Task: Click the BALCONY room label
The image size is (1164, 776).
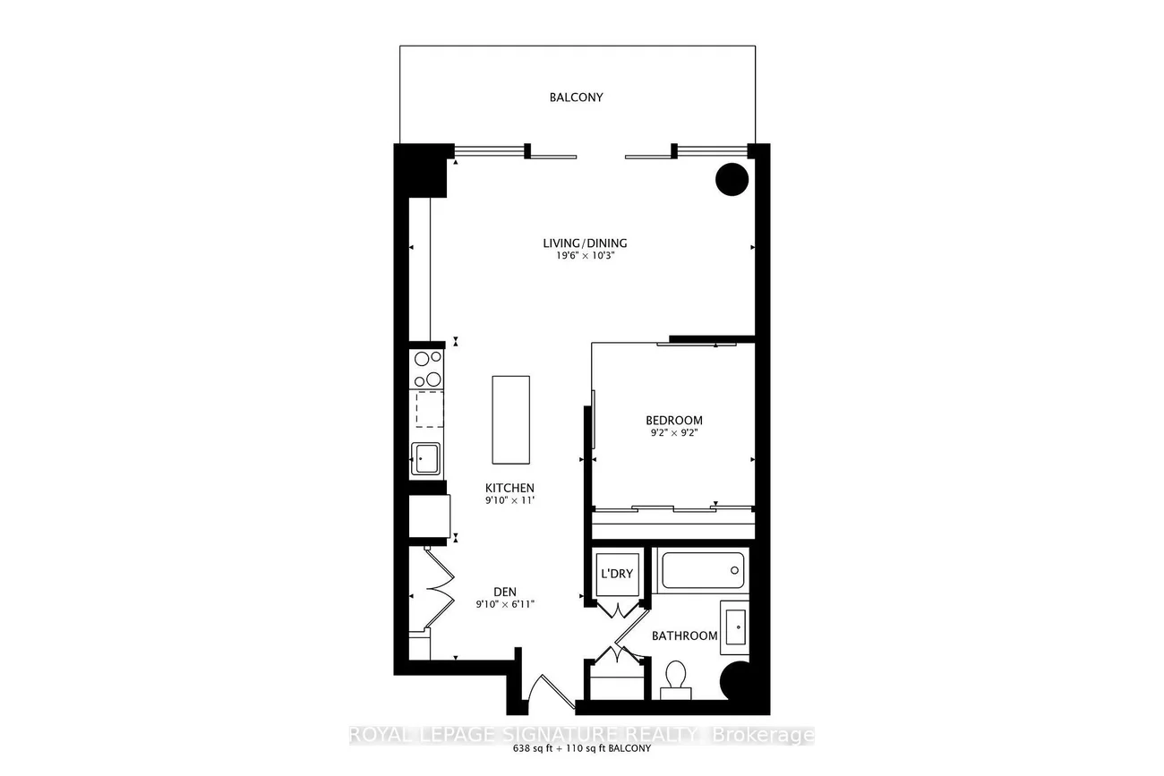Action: pyautogui.click(x=577, y=98)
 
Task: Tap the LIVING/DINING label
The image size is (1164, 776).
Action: pyautogui.click(x=585, y=243)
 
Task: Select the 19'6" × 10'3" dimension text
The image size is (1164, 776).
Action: pyautogui.click(x=586, y=256)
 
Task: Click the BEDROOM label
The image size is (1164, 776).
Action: pyautogui.click(x=674, y=420)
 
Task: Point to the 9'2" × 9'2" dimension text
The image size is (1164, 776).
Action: pyautogui.click(x=674, y=432)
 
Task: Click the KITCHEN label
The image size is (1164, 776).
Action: pyautogui.click(x=509, y=488)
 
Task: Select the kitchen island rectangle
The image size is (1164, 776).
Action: pyautogui.click(x=510, y=420)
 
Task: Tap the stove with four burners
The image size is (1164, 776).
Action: pyautogui.click(x=426, y=369)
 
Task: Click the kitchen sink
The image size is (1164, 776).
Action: pyautogui.click(x=425, y=459)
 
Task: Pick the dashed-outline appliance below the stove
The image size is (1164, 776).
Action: pyautogui.click(x=430, y=409)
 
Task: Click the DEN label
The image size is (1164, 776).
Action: pyautogui.click(x=505, y=592)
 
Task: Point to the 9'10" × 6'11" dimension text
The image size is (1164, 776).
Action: pyautogui.click(x=505, y=604)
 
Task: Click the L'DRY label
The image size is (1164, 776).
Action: pyautogui.click(x=617, y=574)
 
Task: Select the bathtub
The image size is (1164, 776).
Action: pyautogui.click(x=703, y=570)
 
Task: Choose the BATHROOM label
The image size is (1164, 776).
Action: pyautogui.click(x=684, y=635)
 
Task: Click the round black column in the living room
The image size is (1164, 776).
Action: pyautogui.click(x=732, y=180)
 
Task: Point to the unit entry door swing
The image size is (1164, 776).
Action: pyautogui.click(x=552, y=692)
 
